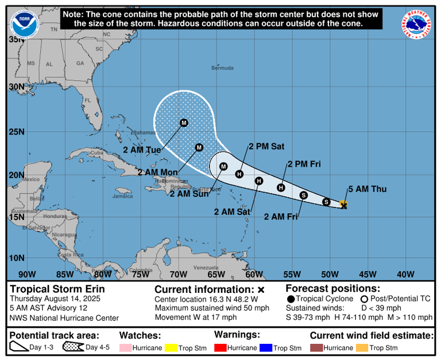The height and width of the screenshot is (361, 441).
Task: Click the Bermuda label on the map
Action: [222, 68]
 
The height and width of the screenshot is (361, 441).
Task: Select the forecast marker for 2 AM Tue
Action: [184, 123]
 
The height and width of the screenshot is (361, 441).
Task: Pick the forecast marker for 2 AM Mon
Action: [199, 147]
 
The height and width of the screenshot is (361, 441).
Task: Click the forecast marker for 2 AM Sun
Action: [224, 166]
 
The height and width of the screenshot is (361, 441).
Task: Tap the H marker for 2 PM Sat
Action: [239, 174]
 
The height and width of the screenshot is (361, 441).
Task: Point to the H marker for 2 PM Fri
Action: [281, 187]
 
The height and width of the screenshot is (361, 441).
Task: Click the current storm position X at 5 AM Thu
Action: [344, 205]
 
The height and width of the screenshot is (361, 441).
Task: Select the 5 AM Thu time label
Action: [363, 190]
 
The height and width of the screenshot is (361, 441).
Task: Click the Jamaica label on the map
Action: [123, 196]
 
